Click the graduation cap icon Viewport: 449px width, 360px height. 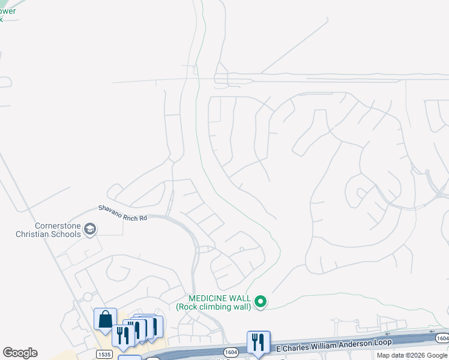[90, 229]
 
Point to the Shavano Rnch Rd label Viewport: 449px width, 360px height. [122, 213]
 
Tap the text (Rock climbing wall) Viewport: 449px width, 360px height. [213, 307]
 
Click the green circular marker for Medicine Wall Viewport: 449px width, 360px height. [261, 302]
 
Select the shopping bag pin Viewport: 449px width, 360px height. [105, 320]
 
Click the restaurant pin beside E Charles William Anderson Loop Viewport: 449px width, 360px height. [258, 342]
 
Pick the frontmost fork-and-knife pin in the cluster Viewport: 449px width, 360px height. [123, 335]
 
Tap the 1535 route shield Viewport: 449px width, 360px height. [103, 355]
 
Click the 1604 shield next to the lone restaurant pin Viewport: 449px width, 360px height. [230, 352]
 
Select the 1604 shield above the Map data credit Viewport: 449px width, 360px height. [442, 338]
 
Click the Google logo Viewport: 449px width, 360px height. [20, 353]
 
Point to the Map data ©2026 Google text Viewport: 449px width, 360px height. [412, 355]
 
